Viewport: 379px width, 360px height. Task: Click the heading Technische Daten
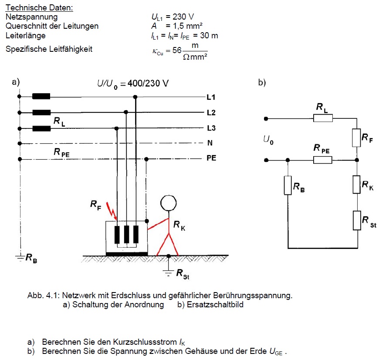(x=39, y=8)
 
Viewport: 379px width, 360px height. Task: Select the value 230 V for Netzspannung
(x=183, y=17)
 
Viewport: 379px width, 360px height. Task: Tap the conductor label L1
(x=211, y=97)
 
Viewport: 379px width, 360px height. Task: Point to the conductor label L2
(x=211, y=112)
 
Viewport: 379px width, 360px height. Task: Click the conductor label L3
(x=211, y=128)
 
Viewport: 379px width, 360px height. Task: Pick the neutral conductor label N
(x=210, y=143)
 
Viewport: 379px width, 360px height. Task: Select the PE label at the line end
(x=211, y=158)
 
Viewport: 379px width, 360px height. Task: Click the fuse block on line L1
(x=41, y=96)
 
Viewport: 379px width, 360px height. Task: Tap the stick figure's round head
(x=169, y=203)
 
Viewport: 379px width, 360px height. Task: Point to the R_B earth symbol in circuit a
(x=20, y=258)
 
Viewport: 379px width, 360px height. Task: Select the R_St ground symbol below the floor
(x=169, y=273)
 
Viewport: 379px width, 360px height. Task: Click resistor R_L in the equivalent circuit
(x=323, y=118)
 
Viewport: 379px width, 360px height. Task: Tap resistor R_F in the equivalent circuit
(x=356, y=138)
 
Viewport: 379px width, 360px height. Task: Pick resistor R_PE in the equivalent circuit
(x=323, y=160)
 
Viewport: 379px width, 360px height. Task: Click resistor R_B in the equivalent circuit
(x=288, y=185)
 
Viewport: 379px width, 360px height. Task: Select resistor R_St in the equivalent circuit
(x=357, y=220)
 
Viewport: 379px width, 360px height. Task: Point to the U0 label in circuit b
(x=268, y=140)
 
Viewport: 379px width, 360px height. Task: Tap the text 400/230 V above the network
(x=148, y=83)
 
